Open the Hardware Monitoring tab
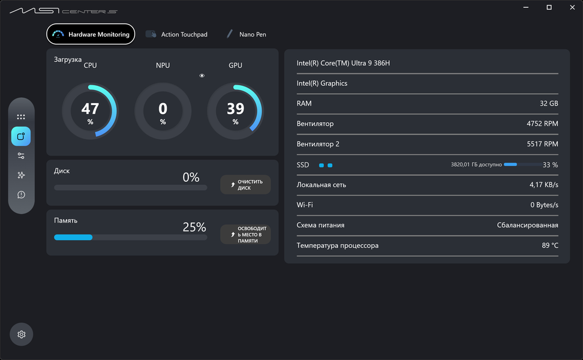tap(91, 34)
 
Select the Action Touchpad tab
tap(176, 34)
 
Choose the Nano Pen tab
tap(247, 34)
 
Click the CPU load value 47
tap(91, 109)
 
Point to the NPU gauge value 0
tap(163, 109)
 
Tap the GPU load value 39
tap(235, 109)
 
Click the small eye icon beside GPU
tap(202, 76)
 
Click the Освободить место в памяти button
tap(245, 234)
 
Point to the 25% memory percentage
tap(194, 227)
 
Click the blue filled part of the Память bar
tap(73, 237)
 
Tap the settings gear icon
tap(21, 334)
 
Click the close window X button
tap(572, 7)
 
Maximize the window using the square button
tap(549, 7)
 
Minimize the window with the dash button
tap(526, 7)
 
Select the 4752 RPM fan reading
tap(542, 124)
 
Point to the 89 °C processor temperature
tap(550, 245)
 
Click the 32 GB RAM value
tap(549, 103)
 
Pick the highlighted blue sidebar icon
tap(21, 136)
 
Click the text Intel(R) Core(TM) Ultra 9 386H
tap(343, 63)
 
